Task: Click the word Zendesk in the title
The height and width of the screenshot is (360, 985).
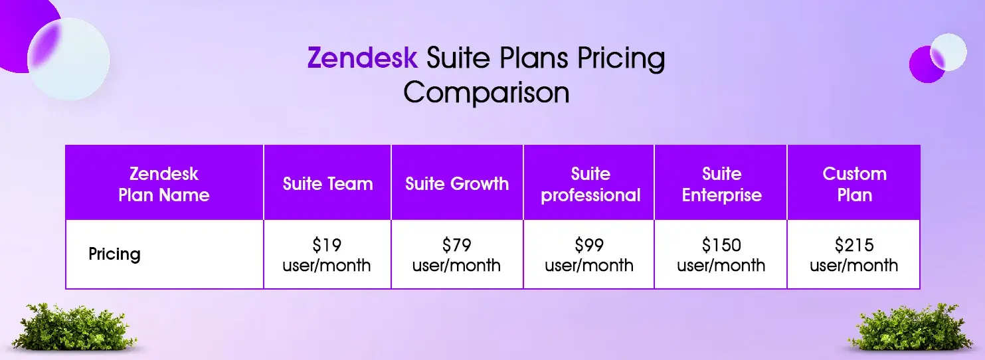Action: [x=363, y=58]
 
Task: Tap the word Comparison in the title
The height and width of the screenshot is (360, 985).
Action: [x=486, y=92]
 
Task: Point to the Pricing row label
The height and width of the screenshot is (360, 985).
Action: [x=114, y=254]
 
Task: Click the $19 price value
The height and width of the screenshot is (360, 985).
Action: [x=327, y=245]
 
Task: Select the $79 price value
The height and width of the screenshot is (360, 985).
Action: [x=456, y=245]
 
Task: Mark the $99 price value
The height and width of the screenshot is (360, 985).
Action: [x=588, y=245]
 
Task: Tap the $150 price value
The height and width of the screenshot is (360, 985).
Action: [x=721, y=245]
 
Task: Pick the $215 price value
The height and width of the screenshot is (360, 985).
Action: [x=854, y=245]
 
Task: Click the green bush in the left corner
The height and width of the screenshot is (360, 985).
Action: [x=74, y=327]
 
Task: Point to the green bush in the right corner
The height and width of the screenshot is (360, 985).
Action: [x=909, y=327]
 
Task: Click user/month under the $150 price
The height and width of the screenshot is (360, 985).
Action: [x=721, y=265]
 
